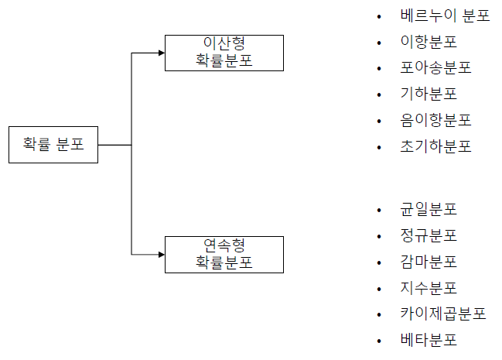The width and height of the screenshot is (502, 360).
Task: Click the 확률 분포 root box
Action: pos(53,144)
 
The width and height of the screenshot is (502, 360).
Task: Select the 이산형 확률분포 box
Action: pos(224,52)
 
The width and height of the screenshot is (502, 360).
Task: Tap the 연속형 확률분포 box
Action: pos(224,255)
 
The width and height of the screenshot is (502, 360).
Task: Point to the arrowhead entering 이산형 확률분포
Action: pos(161,53)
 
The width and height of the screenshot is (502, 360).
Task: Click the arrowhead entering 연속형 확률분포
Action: pos(161,255)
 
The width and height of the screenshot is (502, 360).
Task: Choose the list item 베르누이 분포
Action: pos(445,15)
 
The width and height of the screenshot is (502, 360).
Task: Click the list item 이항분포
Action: pos(429,42)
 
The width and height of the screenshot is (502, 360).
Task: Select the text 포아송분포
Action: pos(435,68)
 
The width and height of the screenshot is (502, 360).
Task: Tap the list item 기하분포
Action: pos(429,94)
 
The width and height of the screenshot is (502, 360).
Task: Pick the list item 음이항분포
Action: pos(435,121)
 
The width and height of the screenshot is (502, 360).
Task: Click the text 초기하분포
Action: pos(435,147)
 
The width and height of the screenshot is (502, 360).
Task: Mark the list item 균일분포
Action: pos(429,210)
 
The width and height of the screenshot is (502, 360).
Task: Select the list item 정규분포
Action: pos(429,235)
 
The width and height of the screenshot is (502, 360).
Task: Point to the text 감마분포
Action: pos(429,262)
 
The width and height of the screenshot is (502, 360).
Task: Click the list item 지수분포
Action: pos(429,288)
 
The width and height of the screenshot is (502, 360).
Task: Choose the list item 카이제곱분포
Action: pos(443,314)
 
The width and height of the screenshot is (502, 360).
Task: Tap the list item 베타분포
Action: pos(429,341)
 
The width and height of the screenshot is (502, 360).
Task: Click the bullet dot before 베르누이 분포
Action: pos(378,17)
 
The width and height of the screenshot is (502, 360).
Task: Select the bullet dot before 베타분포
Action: pos(378,341)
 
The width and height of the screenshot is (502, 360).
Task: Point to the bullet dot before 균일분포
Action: pos(378,211)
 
